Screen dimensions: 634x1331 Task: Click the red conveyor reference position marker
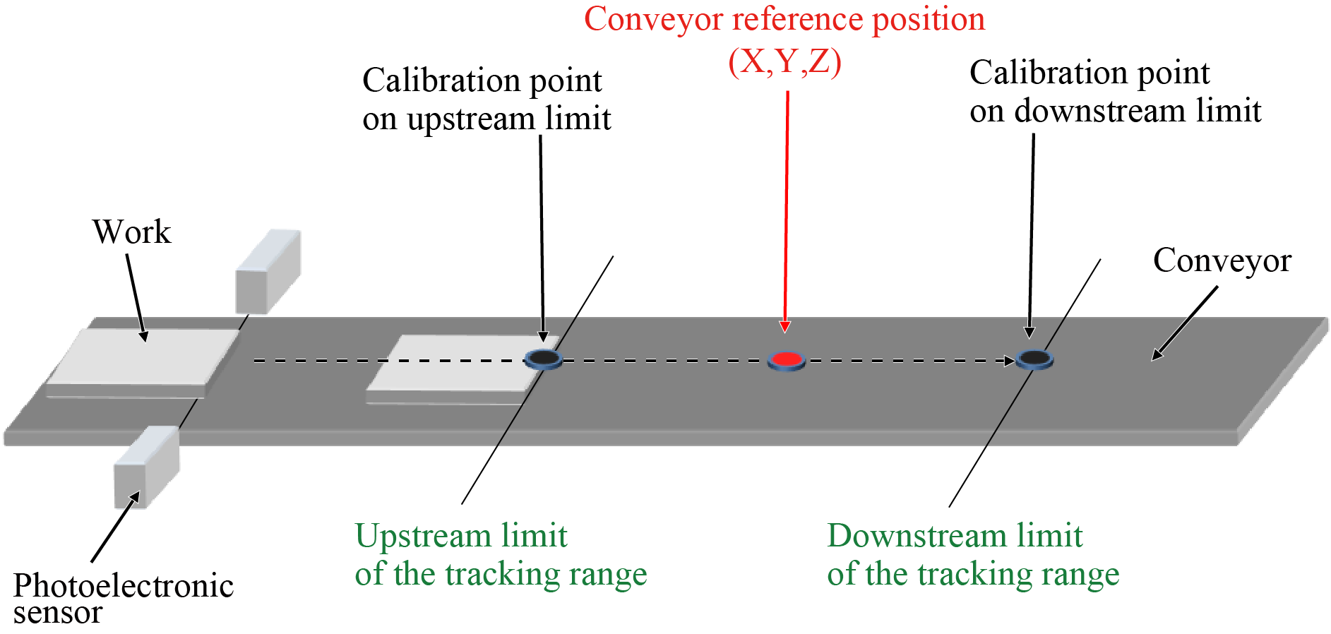(786, 360)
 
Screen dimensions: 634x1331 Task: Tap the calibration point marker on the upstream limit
(543, 359)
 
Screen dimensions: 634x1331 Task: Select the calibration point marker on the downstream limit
(1034, 359)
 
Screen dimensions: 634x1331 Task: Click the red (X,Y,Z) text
(784, 61)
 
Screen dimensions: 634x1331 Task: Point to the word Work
(131, 232)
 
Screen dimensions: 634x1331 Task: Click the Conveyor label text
(1222, 260)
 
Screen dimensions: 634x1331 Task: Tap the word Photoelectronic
(124, 585)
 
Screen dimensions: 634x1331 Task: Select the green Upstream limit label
(460, 535)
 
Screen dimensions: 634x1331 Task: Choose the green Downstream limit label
(954, 535)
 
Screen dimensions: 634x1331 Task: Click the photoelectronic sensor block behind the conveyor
(268, 272)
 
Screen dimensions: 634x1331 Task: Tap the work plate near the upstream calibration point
(452, 367)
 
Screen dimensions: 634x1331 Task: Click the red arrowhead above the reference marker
(784, 326)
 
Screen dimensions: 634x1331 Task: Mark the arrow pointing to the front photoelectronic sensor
(115, 527)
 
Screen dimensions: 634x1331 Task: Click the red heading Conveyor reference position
(784, 19)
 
